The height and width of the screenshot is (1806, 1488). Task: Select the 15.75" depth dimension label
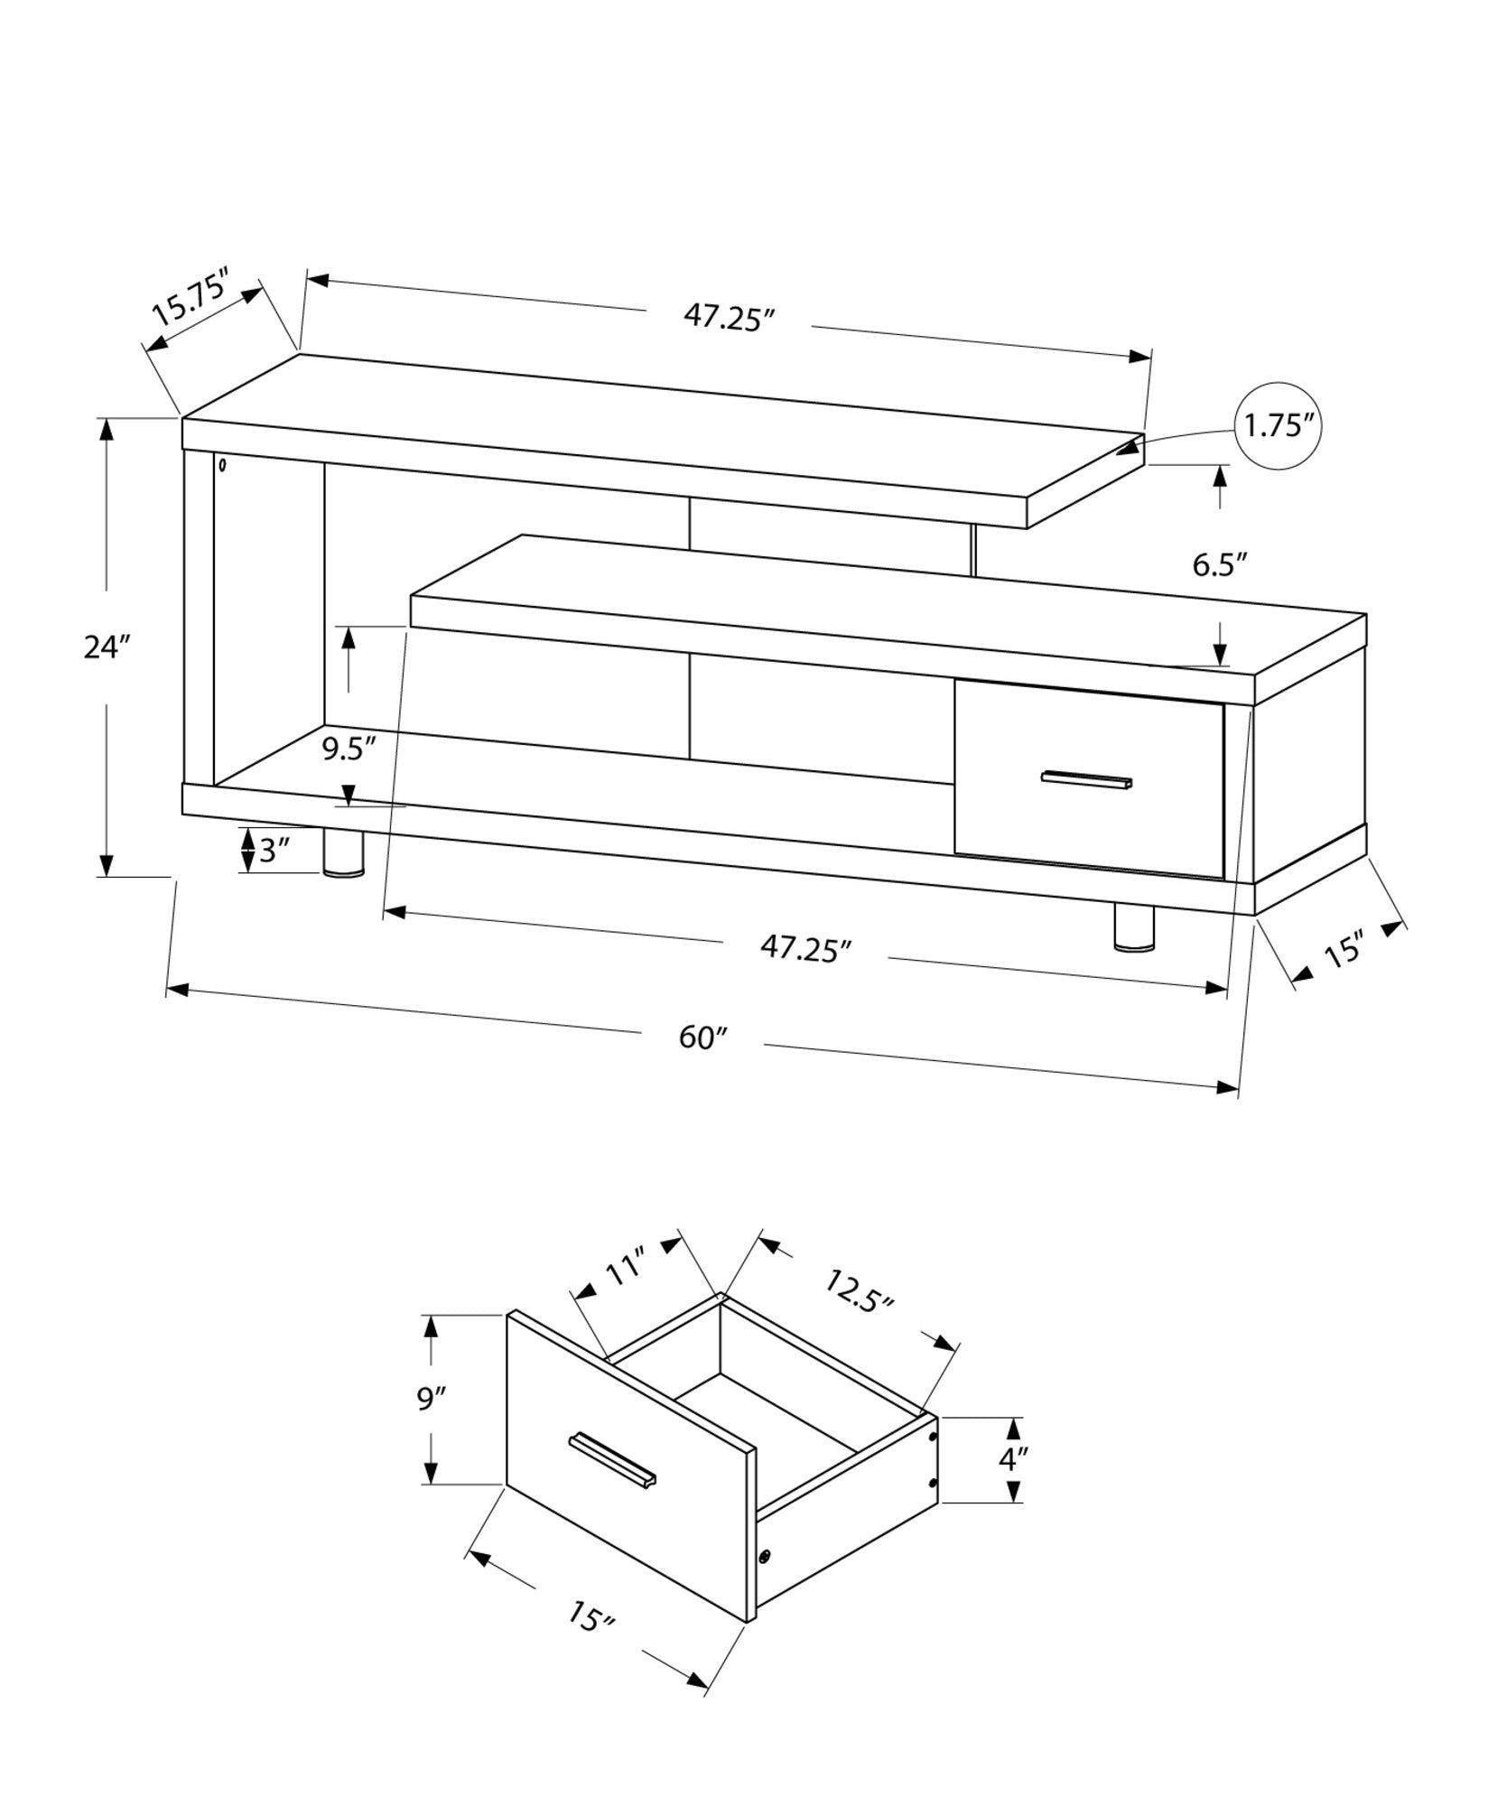point(192,297)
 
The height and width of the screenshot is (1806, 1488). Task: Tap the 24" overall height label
point(107,647)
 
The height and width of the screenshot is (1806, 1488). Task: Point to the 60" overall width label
point(702,1038)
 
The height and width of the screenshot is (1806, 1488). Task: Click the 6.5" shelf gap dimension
point(1219,565)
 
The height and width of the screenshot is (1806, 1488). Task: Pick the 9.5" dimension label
point(349,749)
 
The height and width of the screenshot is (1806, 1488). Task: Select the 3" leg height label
point(274,851)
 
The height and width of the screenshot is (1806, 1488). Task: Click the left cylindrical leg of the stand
point(343,853)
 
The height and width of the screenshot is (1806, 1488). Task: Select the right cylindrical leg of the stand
point(1134,927)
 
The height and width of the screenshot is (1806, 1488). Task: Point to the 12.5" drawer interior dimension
point(859,1292)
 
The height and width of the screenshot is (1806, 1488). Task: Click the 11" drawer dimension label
point(625,1268)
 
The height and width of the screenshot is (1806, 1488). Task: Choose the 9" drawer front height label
point(432,1399)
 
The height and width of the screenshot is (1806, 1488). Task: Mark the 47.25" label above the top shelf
point(730,317)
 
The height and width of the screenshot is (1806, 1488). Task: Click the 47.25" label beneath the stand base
point(805,948)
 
